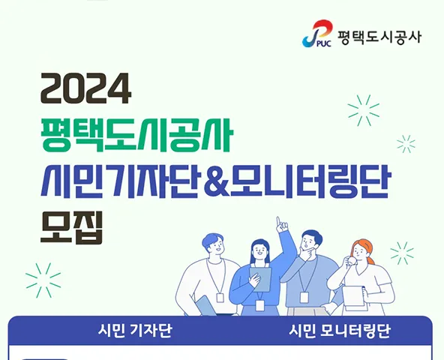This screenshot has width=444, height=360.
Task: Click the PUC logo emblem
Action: point(317,34)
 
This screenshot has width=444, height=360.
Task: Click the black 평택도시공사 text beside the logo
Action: point(379,37)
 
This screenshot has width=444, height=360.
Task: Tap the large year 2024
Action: point(86,88)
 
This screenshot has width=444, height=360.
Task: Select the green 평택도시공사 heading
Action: point(136,134)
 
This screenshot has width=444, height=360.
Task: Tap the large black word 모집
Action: point(71,228)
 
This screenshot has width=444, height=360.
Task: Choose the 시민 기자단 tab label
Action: point(135,331)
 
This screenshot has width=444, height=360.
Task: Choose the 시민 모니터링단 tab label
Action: point(340,331)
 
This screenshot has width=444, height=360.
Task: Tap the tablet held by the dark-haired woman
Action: point(260,279)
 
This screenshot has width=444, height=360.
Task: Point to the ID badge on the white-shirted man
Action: point(220,298)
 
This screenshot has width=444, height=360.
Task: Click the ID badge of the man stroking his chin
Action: point(304,298)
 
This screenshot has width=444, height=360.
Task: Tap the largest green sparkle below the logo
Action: point(364,110)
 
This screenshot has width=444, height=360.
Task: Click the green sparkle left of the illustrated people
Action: point(43,280)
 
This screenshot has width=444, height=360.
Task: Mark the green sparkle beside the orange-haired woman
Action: point(402,253)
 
